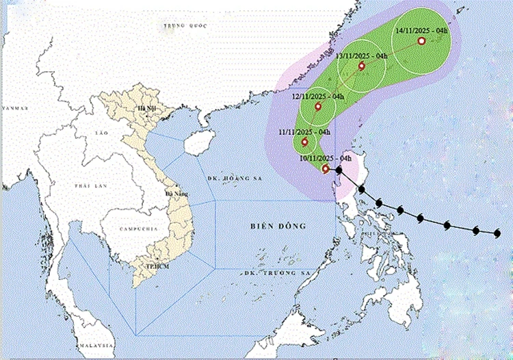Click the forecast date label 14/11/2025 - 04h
pos(422,31)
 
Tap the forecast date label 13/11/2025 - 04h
pos(363,55)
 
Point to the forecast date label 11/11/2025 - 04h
pos(304,131)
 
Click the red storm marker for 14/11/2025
pos(421,42)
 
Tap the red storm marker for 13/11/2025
pos(362,66)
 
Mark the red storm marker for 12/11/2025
pos(318,107)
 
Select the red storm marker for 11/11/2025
pos(305,142)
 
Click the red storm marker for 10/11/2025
pos(326,168)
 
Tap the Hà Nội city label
pos(146,109)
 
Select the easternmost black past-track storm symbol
pos(497,233)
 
